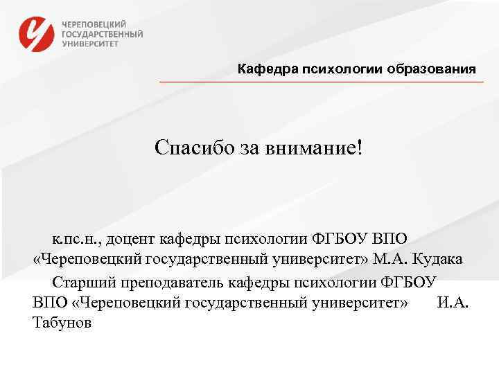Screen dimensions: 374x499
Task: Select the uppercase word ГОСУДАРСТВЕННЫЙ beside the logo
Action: (103, 33)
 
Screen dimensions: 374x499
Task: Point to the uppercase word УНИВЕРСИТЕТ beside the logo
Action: (90, 42)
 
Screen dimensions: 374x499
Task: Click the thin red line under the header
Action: (322, 82)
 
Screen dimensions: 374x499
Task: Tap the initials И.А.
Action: (453, 303)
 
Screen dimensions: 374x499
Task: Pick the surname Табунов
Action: (62, 323)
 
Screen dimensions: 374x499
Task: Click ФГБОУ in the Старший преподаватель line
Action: (410, 283)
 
